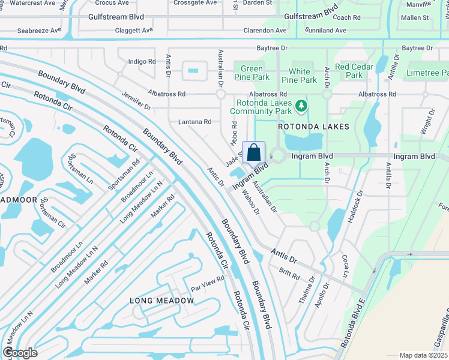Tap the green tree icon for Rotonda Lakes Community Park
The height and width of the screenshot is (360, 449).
[x=301, y=107]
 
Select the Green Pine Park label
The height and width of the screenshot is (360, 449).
[x=252, y=73]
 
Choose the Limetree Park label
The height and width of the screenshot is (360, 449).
[x=426, y=72]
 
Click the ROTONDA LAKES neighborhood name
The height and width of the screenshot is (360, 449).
[x=313, y=127]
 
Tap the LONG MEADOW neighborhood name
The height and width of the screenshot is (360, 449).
[x=154, y=300]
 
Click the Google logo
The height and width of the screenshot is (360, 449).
[x=20, y=353]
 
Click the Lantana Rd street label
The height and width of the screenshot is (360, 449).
[x=195, y=122]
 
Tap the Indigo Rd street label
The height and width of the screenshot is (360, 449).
[x=142, y=61]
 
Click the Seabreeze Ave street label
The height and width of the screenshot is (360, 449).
[x=39, y=30]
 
